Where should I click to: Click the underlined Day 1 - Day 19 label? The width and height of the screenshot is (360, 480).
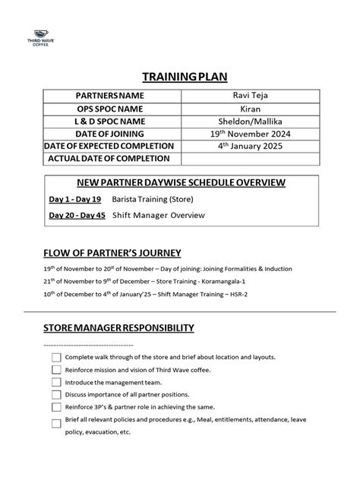coord(74,199)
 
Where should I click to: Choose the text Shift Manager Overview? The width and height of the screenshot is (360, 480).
coord(159,215)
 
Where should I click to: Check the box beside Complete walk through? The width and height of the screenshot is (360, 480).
coord(56,357)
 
